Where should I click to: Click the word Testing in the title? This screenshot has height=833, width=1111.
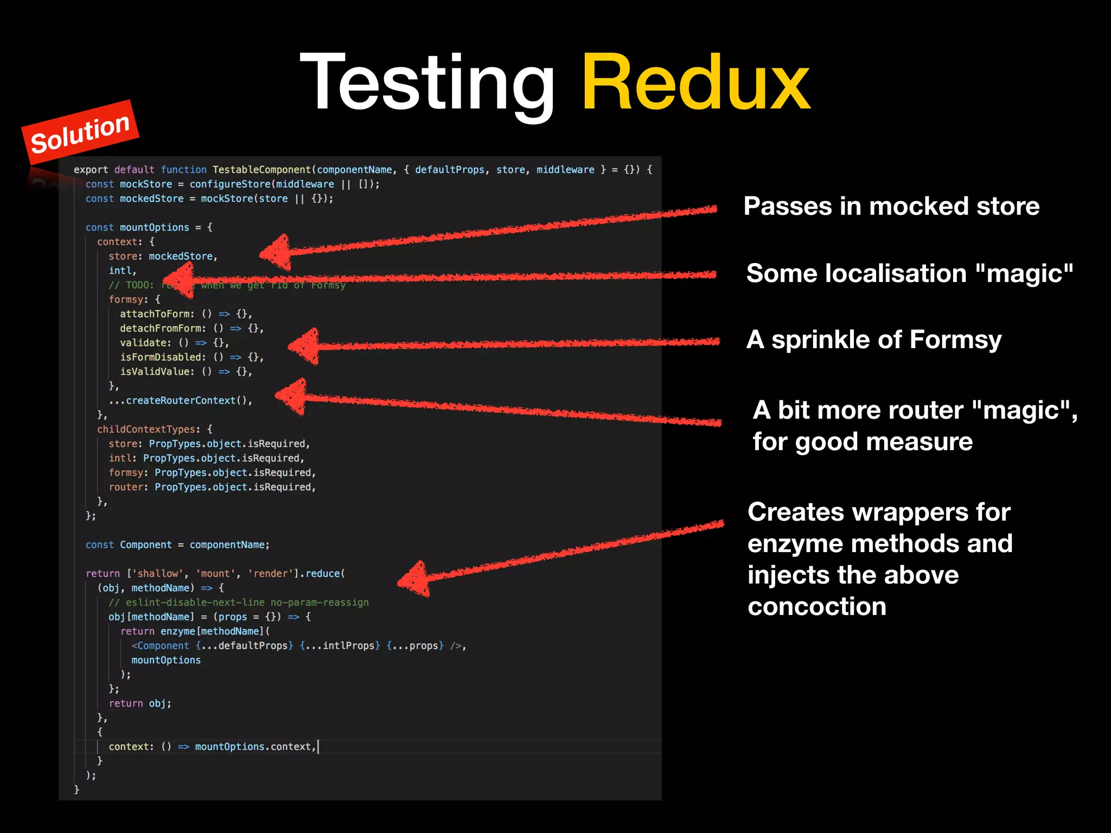427,84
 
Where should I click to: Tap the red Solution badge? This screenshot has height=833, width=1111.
80,132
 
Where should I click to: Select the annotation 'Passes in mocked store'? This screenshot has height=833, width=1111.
891,207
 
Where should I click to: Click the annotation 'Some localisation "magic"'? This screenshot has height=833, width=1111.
909,273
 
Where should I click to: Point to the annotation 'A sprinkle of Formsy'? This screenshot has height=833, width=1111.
873,340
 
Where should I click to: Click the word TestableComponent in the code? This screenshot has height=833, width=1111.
261,170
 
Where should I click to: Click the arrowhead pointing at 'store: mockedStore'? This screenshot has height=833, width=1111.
277,252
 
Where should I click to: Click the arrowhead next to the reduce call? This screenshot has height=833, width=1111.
415,579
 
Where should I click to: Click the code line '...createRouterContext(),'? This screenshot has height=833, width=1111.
181,401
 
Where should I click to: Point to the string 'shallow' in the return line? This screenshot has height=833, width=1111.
157,574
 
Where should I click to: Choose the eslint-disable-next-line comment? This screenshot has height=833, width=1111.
239,603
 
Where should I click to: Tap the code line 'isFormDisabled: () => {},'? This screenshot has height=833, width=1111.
191,357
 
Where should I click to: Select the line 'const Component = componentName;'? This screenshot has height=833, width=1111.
177,545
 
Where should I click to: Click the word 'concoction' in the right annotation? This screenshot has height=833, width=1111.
816,607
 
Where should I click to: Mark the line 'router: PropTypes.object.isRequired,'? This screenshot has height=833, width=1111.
212,488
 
